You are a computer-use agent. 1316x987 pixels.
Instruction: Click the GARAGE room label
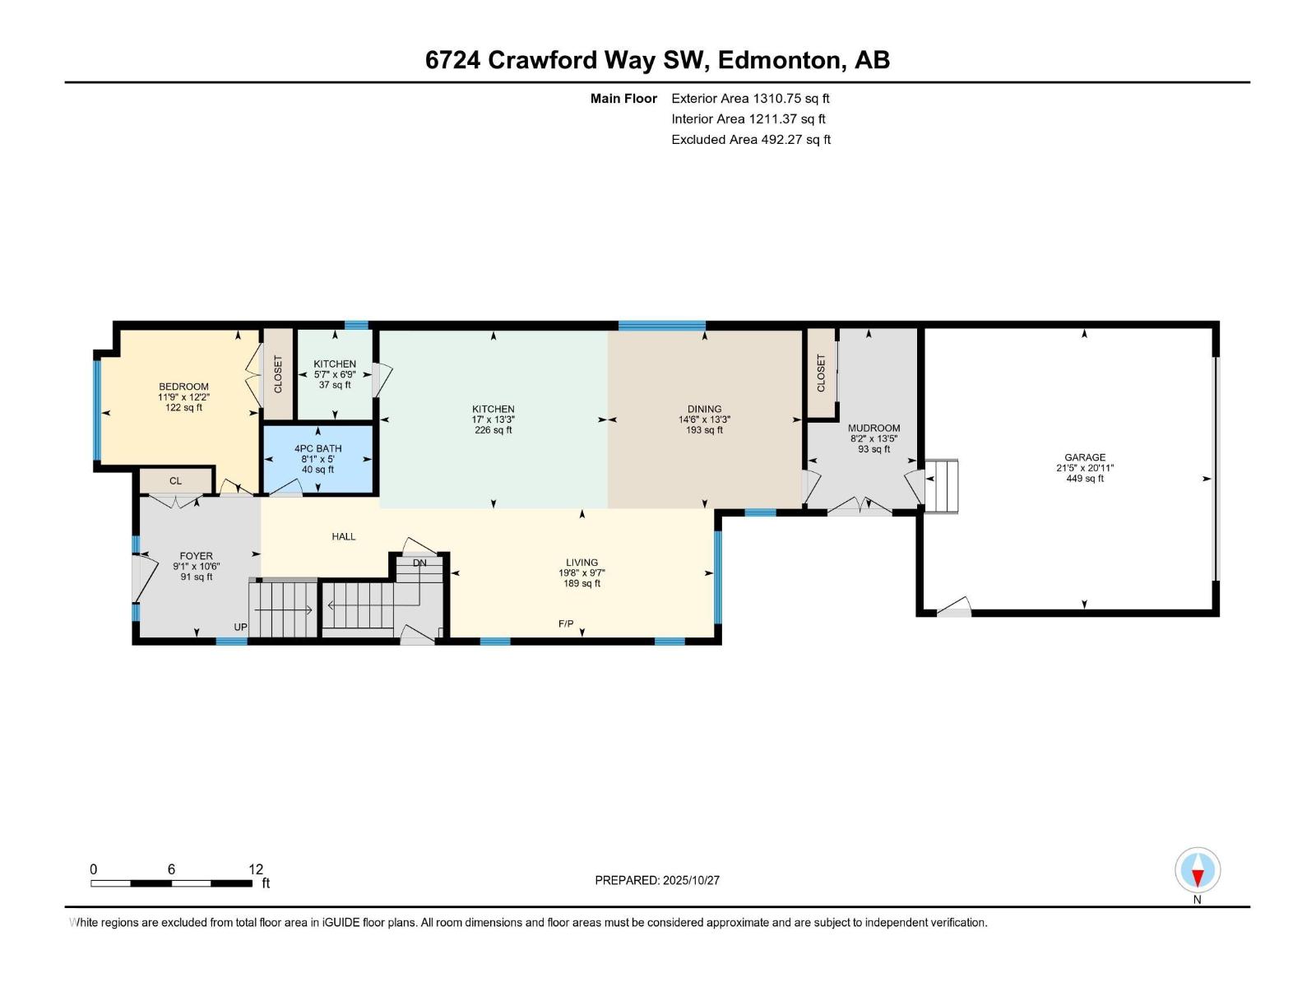click(x=1084, y=457)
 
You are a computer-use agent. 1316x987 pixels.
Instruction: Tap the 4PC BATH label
click(x=317, y=449)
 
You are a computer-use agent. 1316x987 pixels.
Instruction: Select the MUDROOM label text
click(x=873, y=429)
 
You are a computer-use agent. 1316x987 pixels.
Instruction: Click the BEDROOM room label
click(x=183, y=387)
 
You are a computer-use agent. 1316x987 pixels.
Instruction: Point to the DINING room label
click(x=704, y=409)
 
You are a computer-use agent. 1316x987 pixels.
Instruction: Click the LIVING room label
click(x=582, y=563)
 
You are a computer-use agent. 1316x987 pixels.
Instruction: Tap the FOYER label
click(x=196, y=556)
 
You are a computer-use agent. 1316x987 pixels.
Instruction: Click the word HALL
click(x=344, y=536)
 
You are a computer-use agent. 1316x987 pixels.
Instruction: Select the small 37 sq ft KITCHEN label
click(x=335, y=364)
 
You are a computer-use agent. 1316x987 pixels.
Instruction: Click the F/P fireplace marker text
click(x=566, y=624)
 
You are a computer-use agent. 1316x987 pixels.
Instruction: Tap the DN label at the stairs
click(x=419, y=563)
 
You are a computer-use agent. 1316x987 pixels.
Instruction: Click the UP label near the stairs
click(x=240, y=628)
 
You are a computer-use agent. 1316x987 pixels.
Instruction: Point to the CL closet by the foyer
click(x=175, y=481)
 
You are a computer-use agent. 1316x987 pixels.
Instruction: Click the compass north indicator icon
click(x=1198, y=871)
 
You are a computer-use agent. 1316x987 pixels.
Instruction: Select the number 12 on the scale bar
click(x=256, y=869)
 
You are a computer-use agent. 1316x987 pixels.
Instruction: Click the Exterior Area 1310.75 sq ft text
click(x=750, y=99)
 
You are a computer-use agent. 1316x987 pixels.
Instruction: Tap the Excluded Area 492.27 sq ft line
click(x=750, y=140)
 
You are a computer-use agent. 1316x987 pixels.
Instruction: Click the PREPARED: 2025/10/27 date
click(x=657, y=880)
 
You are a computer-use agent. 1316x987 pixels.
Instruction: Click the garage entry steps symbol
click(x=942, y=486)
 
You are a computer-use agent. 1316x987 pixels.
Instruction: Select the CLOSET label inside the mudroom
click(x=821, y=373)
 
